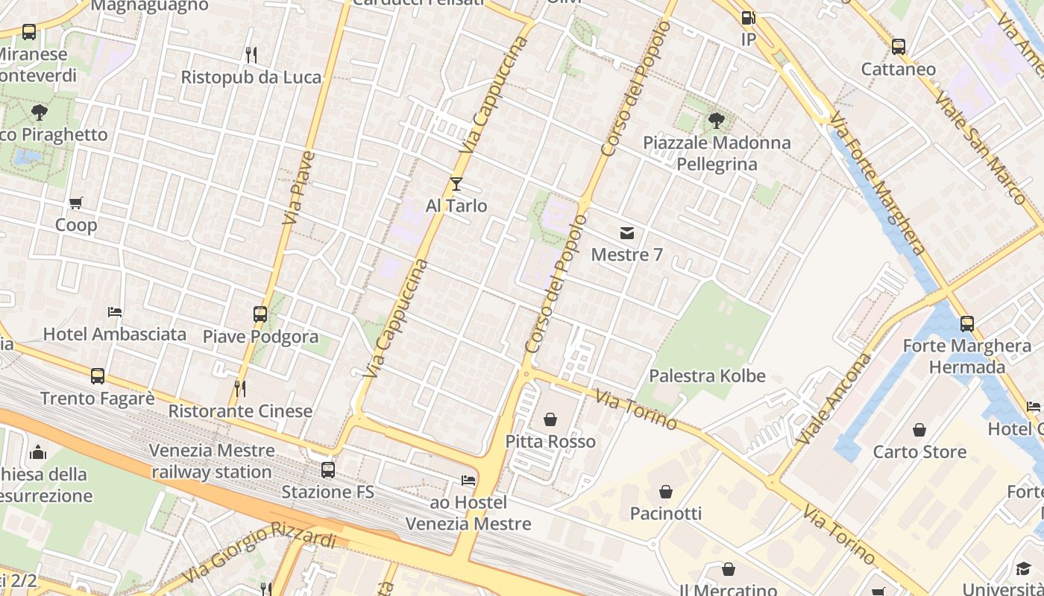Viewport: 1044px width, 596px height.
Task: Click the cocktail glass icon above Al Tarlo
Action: (456, 184)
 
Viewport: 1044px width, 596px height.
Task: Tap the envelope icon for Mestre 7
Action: (627, 233)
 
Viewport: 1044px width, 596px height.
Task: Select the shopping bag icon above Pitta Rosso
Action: (550, 420)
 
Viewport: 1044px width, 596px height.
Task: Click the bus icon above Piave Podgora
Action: (260, 314)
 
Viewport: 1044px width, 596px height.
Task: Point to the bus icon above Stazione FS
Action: (328, 470)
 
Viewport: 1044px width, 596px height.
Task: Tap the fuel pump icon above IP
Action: (748, 17)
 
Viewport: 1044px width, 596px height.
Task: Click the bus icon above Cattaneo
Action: (899, 47)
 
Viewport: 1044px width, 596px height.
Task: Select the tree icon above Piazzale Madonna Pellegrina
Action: (716, 120)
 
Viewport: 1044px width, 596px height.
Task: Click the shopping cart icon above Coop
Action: (76, 203)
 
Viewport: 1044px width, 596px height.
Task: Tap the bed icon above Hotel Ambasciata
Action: (115, 312)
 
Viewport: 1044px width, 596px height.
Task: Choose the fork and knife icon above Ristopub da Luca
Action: (251, 54)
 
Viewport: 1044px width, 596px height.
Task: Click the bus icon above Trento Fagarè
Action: (98, 376)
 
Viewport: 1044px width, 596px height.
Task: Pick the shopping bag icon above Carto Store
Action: (919, 430)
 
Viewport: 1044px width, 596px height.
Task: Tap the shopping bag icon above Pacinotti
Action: (666, 492)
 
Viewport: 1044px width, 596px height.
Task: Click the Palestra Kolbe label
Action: (707, 375)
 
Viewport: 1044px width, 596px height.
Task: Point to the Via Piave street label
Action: (299, 188)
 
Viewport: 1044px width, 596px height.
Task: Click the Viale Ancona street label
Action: (833, 399)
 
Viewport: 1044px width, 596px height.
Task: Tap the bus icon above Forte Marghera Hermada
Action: (967, 324)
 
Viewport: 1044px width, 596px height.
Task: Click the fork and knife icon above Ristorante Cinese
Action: (240, 389)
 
